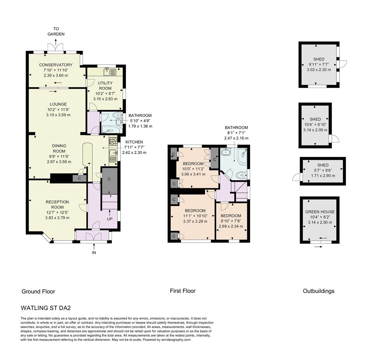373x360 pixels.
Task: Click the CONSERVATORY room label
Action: pyautogui.click(x=56, y=65)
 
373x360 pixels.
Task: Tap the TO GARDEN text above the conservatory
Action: pyautogui.click(x=56, y=31)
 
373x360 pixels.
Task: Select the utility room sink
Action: pyautogui.click(x=110, y=72)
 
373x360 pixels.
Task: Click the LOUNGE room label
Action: pyautogui.click(x=58, y=104)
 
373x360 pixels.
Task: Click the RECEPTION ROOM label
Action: pyautogui.click(x=57, y=204)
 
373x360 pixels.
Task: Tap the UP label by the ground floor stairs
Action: pyautogui.click(x=109, y=219)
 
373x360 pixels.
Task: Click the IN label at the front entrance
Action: pyautogui.click(x=94, y=253)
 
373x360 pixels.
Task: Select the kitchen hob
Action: pyautogui.click(x=113, y=141)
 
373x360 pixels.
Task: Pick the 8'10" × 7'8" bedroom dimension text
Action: pyautogui.click(x=231, y=221)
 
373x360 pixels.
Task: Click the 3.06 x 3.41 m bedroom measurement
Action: pyautogui.click(x=193, y=174)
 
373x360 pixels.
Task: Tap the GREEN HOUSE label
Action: pyautogui.click(x=320, y=212)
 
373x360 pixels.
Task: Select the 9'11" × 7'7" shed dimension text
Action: pyautogui.click(x=319, y=65)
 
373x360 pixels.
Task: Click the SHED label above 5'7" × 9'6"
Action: pyautogui.click(x=323, y=165)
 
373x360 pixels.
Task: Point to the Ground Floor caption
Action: pyautogui.click(x=38, y=291)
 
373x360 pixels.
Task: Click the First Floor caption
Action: pyautogui.click(x=183, y=291)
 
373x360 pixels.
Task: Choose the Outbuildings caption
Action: pyautogui.click(x=318, y=291)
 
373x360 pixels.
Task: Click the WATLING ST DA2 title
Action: pyautogui.click(x=46, y=308)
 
